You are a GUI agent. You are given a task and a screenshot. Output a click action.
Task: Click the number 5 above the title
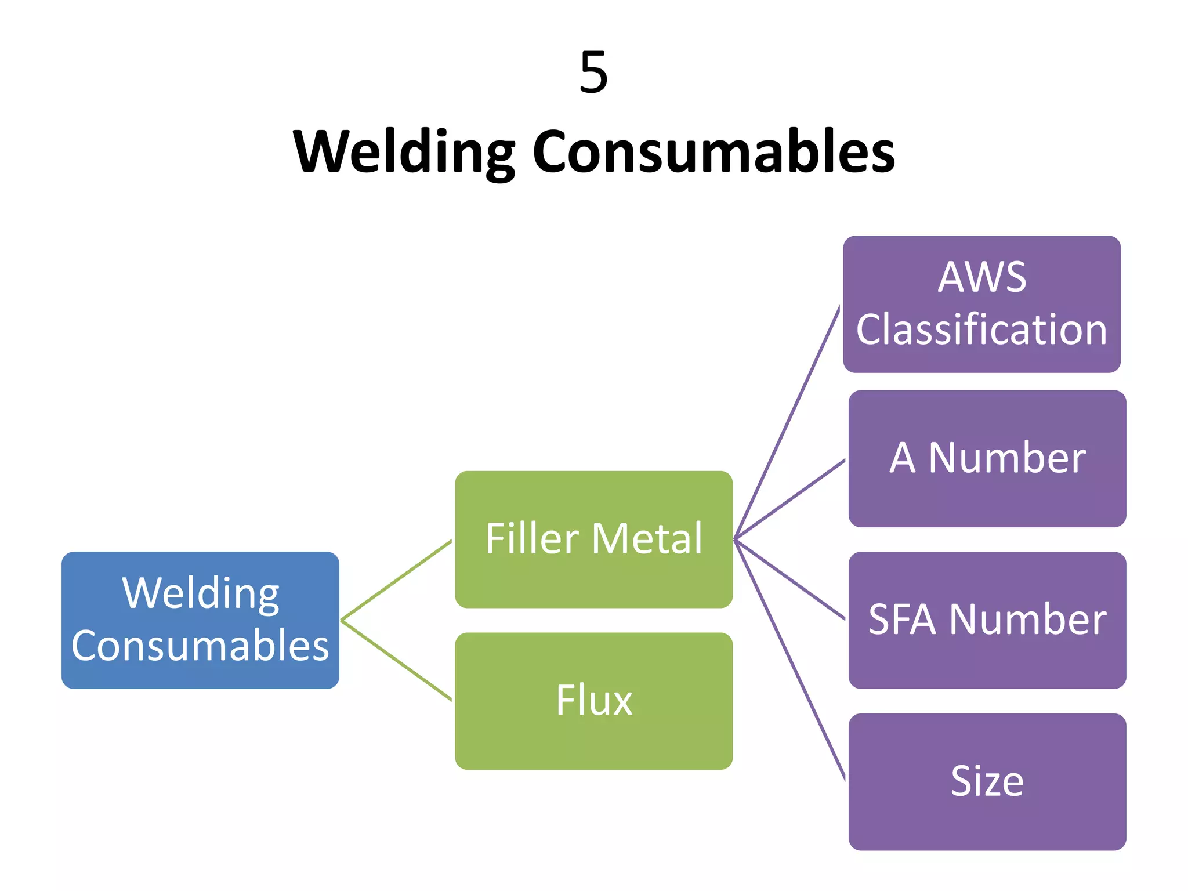tap(593, 73)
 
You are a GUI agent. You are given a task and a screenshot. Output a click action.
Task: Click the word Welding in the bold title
tap(404, 151)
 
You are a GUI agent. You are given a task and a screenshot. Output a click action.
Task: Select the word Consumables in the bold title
tap(713, 151)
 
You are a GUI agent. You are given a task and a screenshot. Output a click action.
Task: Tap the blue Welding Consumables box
tap(200, 620)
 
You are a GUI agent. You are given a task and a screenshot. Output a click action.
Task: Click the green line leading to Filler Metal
tap(396, 580)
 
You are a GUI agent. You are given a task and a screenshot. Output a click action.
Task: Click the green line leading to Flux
tap(396, 661)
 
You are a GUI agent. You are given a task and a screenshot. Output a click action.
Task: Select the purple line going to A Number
tap(790, 499)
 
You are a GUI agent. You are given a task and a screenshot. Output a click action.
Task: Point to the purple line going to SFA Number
tap(790, 580)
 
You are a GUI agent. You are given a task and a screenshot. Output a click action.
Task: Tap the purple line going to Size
tap(790, 660)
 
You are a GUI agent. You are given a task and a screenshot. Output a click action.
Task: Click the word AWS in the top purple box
tap(981, 277)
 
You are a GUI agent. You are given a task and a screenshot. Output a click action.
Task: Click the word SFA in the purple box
tap(902, 620)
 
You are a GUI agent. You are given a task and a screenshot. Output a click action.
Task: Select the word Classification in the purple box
tap(981, 329)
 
